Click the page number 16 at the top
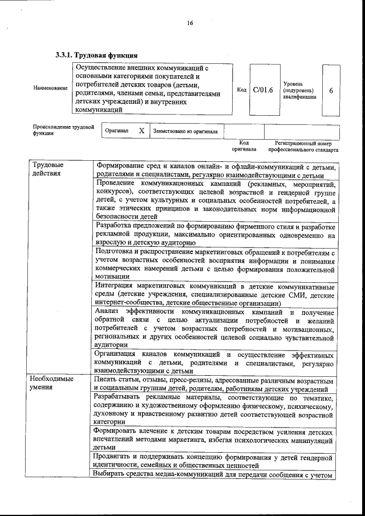tap(190, 23)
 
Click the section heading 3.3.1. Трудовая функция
tap(96, 55)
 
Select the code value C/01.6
tap(263, 90)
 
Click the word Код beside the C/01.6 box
tap(241, 90)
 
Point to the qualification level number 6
tap(331, 90)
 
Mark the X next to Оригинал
tap(141, 131)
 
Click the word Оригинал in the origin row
tap(117, 131)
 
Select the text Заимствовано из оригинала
tap(185, 131)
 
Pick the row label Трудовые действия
tap(48, 169)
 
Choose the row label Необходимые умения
tap(52, 383)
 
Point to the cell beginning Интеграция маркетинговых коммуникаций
tap(215, 294)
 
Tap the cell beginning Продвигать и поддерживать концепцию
tap(215, 461)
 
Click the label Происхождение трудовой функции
tap(63, 130)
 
